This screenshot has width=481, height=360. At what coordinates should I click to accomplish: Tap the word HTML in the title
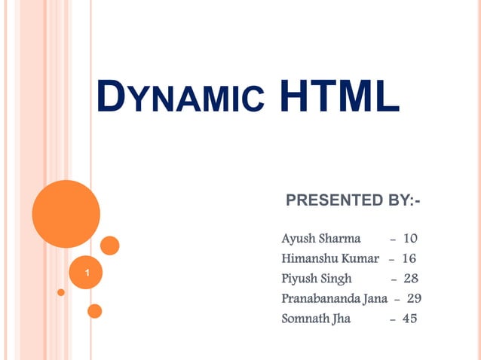(339, 99)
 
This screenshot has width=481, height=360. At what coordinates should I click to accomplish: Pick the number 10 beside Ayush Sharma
(410, 239)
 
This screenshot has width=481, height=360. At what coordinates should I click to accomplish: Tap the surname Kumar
(360, 258)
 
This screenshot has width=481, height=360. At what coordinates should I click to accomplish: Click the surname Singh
(336, 279)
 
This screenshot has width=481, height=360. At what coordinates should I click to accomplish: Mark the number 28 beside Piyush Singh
(411, 278)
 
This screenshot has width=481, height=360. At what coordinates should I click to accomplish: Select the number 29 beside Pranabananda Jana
(414, 297)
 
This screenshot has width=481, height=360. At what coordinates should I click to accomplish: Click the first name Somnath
(304, 318)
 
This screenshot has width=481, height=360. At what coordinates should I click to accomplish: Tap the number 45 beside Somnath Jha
(409, 318)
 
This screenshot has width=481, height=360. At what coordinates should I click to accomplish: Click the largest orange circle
(66, 214)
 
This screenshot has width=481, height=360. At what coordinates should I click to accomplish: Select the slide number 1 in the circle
(88, 272)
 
